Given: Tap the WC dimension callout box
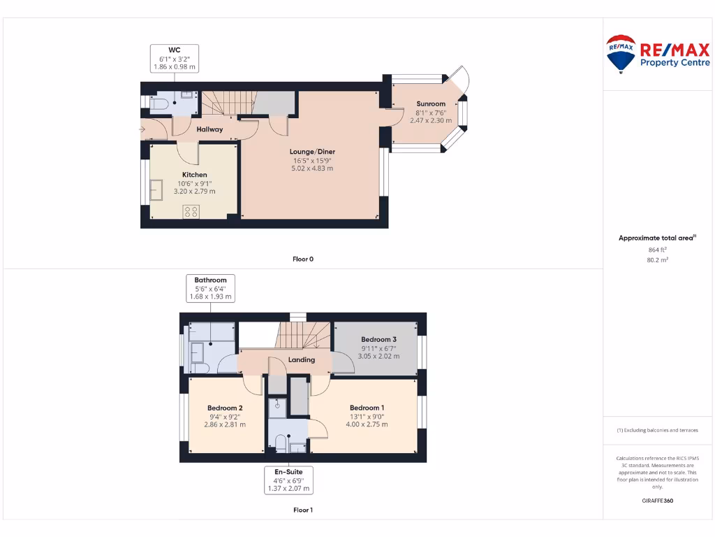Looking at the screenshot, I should pos(175,58).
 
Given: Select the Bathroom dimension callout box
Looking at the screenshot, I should pos(210,288).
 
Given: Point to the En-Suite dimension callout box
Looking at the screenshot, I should pos(288,480).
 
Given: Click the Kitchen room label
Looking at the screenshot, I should pos(195,175).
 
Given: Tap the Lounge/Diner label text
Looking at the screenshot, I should pos(312,152).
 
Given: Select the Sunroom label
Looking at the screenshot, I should pos(431,104).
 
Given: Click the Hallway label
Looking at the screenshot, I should pos(209,129).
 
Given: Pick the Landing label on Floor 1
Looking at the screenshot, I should pos(302,360).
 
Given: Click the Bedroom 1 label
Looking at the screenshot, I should pos(367,408).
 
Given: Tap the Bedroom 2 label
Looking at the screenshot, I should pos(225,408).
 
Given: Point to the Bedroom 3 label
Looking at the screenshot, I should pos(378,340).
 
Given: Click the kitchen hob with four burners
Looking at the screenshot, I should pos(191,211).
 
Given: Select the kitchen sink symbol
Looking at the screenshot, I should pos(156,189).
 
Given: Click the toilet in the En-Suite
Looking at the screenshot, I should pos(279,443).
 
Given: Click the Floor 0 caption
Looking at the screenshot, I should pos(303,259).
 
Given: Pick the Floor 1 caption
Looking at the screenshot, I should pos(303,510).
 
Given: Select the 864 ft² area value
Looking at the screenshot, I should pos(657,249).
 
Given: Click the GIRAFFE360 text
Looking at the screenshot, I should pos(657,501).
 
